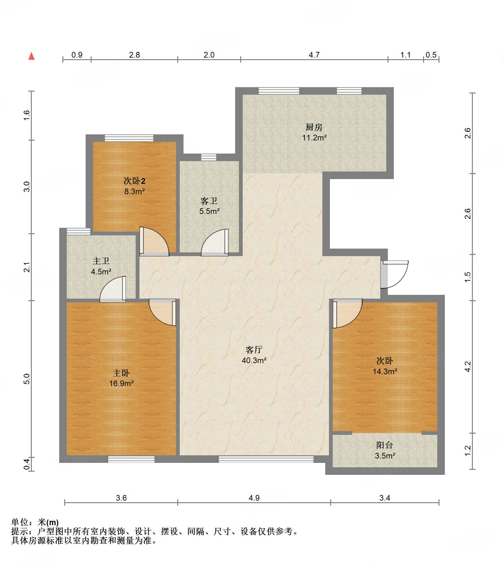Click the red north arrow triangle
tap(31, 56)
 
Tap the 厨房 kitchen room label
tap(314, 127)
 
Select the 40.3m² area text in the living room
tap(254, 360)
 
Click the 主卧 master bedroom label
tap(121, 373)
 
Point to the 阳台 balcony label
tap(385, 445)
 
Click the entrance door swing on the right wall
tap(394, 274)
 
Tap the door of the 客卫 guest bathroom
tap(215, 242)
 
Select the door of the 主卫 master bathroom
tap(113, 289)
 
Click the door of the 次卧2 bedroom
tap(154, 241)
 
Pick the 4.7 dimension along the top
tap(314, 55)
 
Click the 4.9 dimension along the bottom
tap(254, 498)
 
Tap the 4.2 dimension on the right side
tap(468, 367)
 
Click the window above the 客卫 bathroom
tap(209, 157)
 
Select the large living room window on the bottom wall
tap(266, 459)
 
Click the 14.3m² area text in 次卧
tap(385, 371)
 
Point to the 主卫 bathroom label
tap(101, 261)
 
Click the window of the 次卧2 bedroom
tap(129, 138)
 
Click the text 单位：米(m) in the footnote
tap(35, 523)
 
